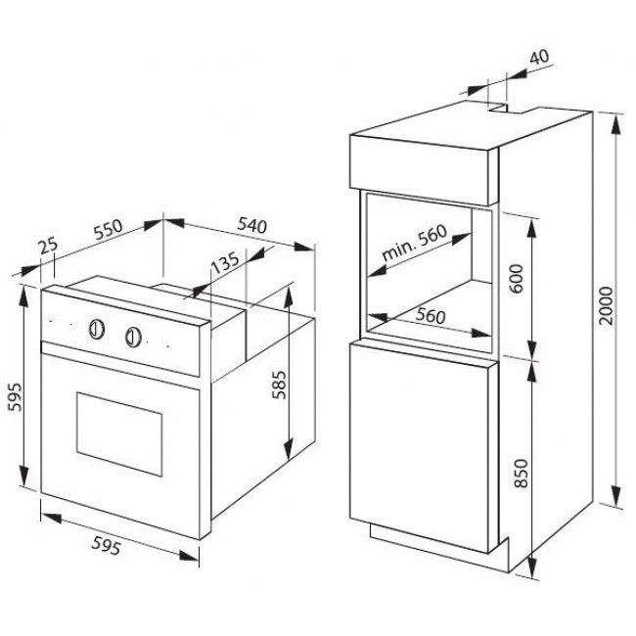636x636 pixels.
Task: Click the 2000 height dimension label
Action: coord(606,305)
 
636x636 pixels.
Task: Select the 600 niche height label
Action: coord(518,278)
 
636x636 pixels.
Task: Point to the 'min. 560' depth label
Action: coord(415,243)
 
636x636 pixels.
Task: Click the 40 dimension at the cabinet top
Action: coord(540,57)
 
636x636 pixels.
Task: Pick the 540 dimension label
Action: coord(251,225)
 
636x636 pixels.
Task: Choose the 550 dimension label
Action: coord(108,229)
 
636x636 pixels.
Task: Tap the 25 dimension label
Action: coord(49,247)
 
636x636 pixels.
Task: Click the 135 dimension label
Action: coord(225,263)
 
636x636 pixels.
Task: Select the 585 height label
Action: coord(279,385)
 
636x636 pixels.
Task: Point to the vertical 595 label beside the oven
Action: coord(16,397)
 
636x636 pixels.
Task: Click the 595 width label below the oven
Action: coord(107,545)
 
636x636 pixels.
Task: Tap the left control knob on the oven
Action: coord(97,329)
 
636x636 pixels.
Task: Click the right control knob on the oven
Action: coord(133,337)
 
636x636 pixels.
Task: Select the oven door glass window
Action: coord(119,434)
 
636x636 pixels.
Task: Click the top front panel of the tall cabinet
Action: coord(424,169)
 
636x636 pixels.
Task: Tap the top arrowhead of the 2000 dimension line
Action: coord(616,124)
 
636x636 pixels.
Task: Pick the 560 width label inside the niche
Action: coord(431,316)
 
